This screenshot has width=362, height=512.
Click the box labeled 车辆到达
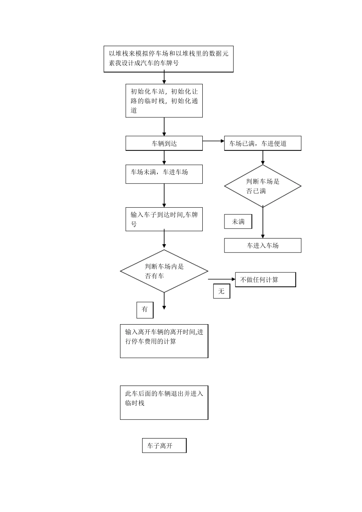pyautogui.click(x=164, y=144)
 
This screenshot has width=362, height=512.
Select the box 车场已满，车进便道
pyautogui.click(x=263, y=144)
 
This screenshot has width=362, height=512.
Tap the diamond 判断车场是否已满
pyautogui.click(x=263, y=186)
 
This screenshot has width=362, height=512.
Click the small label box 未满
pyautogui.click(x=238, y=222)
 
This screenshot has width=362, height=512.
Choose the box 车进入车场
pyautogui.click(x=263, y=246)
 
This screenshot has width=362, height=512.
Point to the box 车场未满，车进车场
pyautogui.click(x=164, y=174)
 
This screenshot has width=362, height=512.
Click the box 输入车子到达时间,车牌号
pyautogui.click(x=164, y=219)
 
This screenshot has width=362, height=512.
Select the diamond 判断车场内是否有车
pyautogui.click(x=164, y=271)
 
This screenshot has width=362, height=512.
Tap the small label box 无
pyautogui.click(x=221, y=291)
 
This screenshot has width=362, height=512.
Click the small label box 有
pyautogui.click(x=145, y=310)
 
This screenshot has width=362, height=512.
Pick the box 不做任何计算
pyautogui.click(x=265, y=280)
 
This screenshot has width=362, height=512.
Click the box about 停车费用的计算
pyautogui.click(x=164, y=341)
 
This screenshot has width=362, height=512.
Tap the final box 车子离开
pyautogui.click(x=164, y=446)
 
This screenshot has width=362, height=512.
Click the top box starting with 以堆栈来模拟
pyautogui.click(x=168, y=59)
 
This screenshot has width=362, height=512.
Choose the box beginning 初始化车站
pyautogui.click(x=164, y=101)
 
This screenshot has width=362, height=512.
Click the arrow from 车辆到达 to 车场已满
pyautogui.click(x=213, y=141)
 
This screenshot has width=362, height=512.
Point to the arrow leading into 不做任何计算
pyautogui.click(x=222, y=279)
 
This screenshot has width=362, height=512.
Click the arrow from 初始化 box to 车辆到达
pyautogui.click(x=164, y=126)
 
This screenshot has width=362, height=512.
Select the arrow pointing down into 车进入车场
pyautogui.click(x=263, y=223)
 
